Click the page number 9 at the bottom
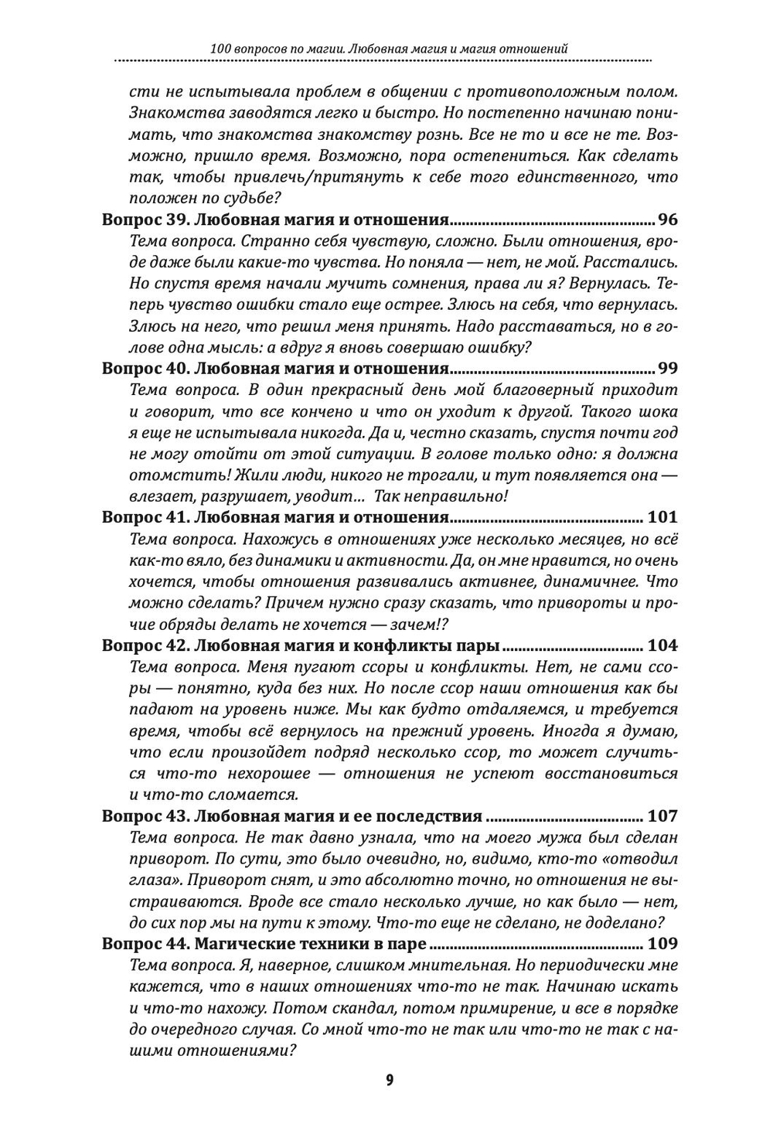(389, 1080)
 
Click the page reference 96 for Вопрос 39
(666, 219)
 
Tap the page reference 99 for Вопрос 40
(666, 368)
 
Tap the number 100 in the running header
(221, 49)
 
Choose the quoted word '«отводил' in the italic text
(638, 859)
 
